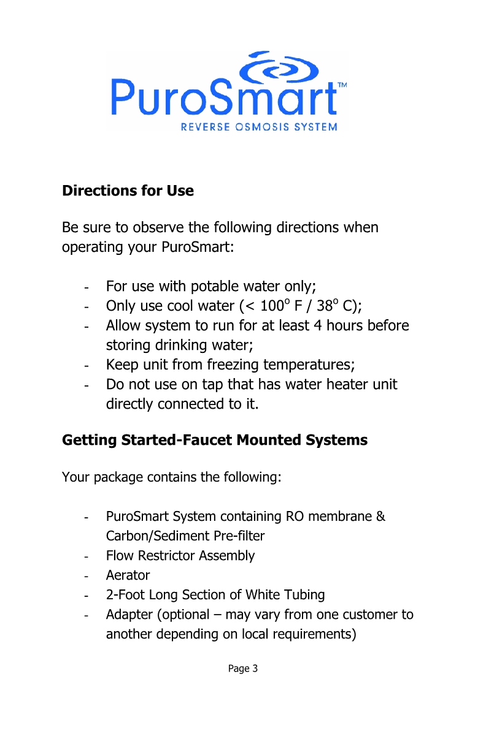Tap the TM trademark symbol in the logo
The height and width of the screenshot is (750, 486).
[342, 86]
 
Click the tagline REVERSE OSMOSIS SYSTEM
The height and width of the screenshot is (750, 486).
[258, 127]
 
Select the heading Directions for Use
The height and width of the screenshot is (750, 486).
[128, 191]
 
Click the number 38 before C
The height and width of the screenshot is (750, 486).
[323, 306]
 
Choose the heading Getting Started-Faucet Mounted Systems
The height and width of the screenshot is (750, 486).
[215, 440]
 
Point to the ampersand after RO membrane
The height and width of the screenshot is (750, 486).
[380, 517]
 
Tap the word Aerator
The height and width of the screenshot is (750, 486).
[128, 575]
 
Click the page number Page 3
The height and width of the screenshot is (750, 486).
[243, 668]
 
